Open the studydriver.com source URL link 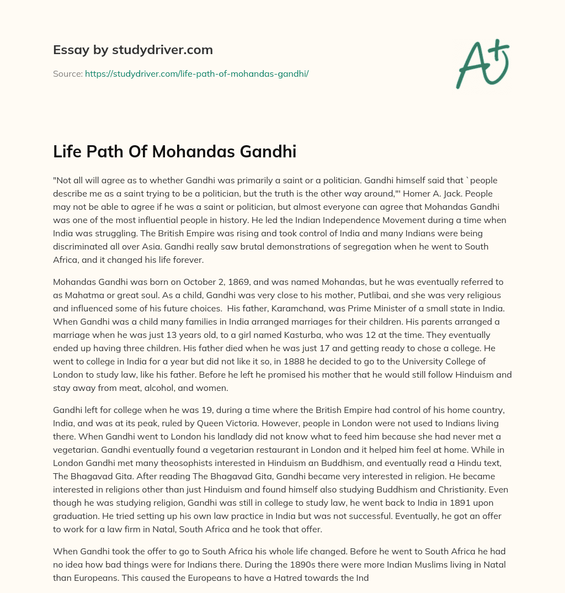click(x=196, y=73)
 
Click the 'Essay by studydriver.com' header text click(x=133, y=50)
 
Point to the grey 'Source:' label click(x=67, y=73)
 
